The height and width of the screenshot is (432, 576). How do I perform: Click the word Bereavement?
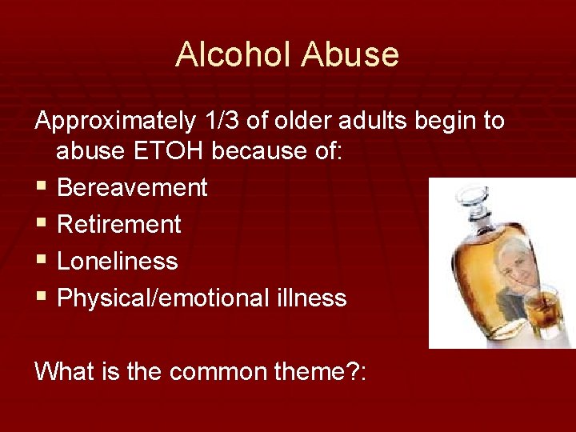tap(132, 188)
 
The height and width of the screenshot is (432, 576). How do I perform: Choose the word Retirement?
tap(119, 225)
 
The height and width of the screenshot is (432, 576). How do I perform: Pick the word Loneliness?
tap(118, 262)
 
